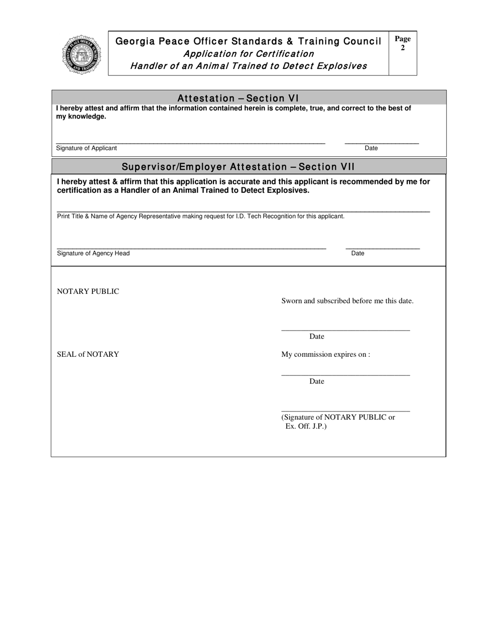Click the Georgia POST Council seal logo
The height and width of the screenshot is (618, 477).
(81, 55)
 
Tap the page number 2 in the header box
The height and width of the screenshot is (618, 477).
(403, 48)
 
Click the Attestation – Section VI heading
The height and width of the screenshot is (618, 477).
(238, 98)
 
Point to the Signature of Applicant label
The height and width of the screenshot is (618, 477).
(86, 148)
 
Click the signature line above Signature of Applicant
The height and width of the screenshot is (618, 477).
(191, 144)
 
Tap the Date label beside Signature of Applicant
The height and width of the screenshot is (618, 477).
(371, 148)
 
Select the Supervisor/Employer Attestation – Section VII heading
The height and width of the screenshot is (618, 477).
(238, 166)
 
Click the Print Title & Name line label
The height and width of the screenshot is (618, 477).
(200, 216)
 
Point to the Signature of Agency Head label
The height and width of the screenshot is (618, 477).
(93, 253)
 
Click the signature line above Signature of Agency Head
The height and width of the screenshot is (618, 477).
(191, 249)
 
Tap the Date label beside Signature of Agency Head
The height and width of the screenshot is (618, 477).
(357, 253)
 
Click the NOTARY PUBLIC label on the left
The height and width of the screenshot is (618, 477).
(88, 291)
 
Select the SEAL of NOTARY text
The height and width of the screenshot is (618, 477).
(88, 354)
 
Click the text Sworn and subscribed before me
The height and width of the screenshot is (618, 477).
(347, 301)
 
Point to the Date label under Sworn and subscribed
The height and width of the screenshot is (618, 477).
(316, 336)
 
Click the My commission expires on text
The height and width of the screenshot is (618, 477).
(325, 354)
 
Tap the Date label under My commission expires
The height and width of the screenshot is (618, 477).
(316, 381)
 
